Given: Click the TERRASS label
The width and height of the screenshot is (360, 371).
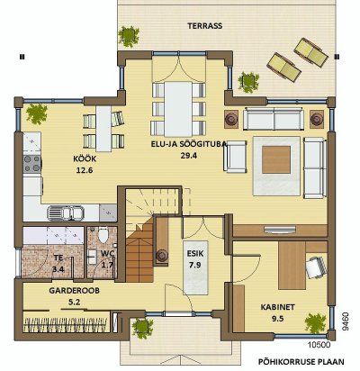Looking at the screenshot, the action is coord(205,26).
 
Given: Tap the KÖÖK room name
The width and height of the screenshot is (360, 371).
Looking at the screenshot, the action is coord(85,158).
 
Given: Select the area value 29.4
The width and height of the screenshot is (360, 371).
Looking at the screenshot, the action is coord(189,156).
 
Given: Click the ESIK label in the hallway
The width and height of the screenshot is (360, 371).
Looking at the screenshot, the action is coord(195,254).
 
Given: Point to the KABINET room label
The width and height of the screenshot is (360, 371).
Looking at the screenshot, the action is coord(277,307).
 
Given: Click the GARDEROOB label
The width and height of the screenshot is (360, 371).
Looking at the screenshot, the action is coord(74,291).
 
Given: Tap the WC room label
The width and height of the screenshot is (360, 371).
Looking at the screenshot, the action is coord(107,254).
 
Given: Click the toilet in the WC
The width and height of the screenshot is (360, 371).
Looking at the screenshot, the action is coord(103,235).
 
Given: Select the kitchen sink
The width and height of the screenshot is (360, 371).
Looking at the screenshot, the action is coord(66,213).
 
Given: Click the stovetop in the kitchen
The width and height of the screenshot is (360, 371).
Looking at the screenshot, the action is coord(32,164).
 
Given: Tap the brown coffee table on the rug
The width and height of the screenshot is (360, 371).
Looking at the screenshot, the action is coord(276,159).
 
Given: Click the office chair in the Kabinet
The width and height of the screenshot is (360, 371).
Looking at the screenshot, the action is coord(316,267).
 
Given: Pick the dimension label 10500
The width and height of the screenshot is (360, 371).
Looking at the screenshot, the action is coord(319,345).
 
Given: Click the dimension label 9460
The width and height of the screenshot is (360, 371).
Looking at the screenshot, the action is coord(346,321).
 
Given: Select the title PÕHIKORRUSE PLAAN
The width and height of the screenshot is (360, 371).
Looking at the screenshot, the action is coord(301,362).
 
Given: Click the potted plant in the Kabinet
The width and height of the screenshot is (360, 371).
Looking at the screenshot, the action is coord(315,323).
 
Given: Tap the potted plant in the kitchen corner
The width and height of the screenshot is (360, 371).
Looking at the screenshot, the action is coord(37,114).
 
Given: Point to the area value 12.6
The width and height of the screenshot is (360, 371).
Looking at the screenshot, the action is coord(85,170).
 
